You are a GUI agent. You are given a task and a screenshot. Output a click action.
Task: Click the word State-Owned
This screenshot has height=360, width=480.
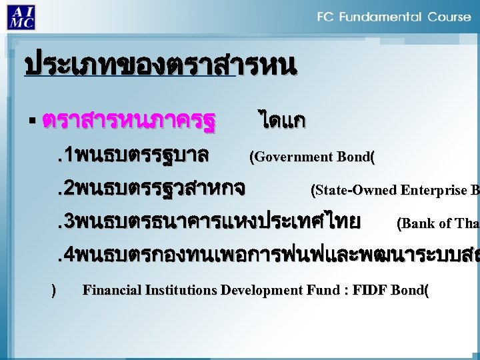click(x=356, y=190)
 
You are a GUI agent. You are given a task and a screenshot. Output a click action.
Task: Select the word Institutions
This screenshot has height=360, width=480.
click(x=179, y=291)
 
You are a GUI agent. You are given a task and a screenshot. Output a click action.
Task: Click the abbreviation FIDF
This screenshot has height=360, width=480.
click(x=371, y=291)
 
